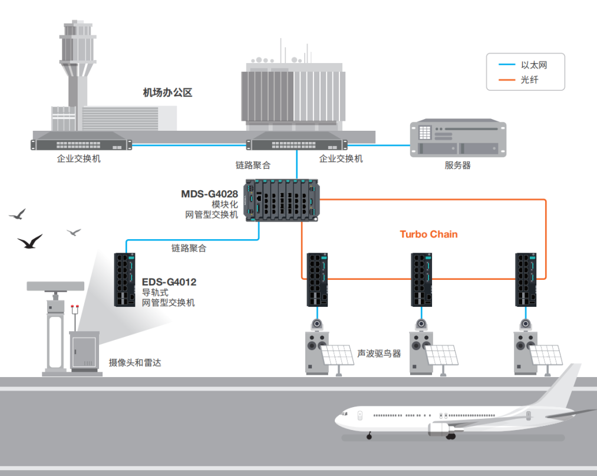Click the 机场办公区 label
tap(167, 92)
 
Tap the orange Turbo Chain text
tap(428, 234)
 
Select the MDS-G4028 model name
tap(209, 194)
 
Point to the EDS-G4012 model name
tap(169, 282)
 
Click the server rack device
tap(458, 139)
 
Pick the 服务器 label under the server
tap(457, 166)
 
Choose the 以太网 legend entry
tap(534, 65)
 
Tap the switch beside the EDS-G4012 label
tap(124, 279)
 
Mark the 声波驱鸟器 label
tap(379, 353)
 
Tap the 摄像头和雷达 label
tap(135, 362)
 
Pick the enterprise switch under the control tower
tap(81, 143)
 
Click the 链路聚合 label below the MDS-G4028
tap(189, 249)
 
